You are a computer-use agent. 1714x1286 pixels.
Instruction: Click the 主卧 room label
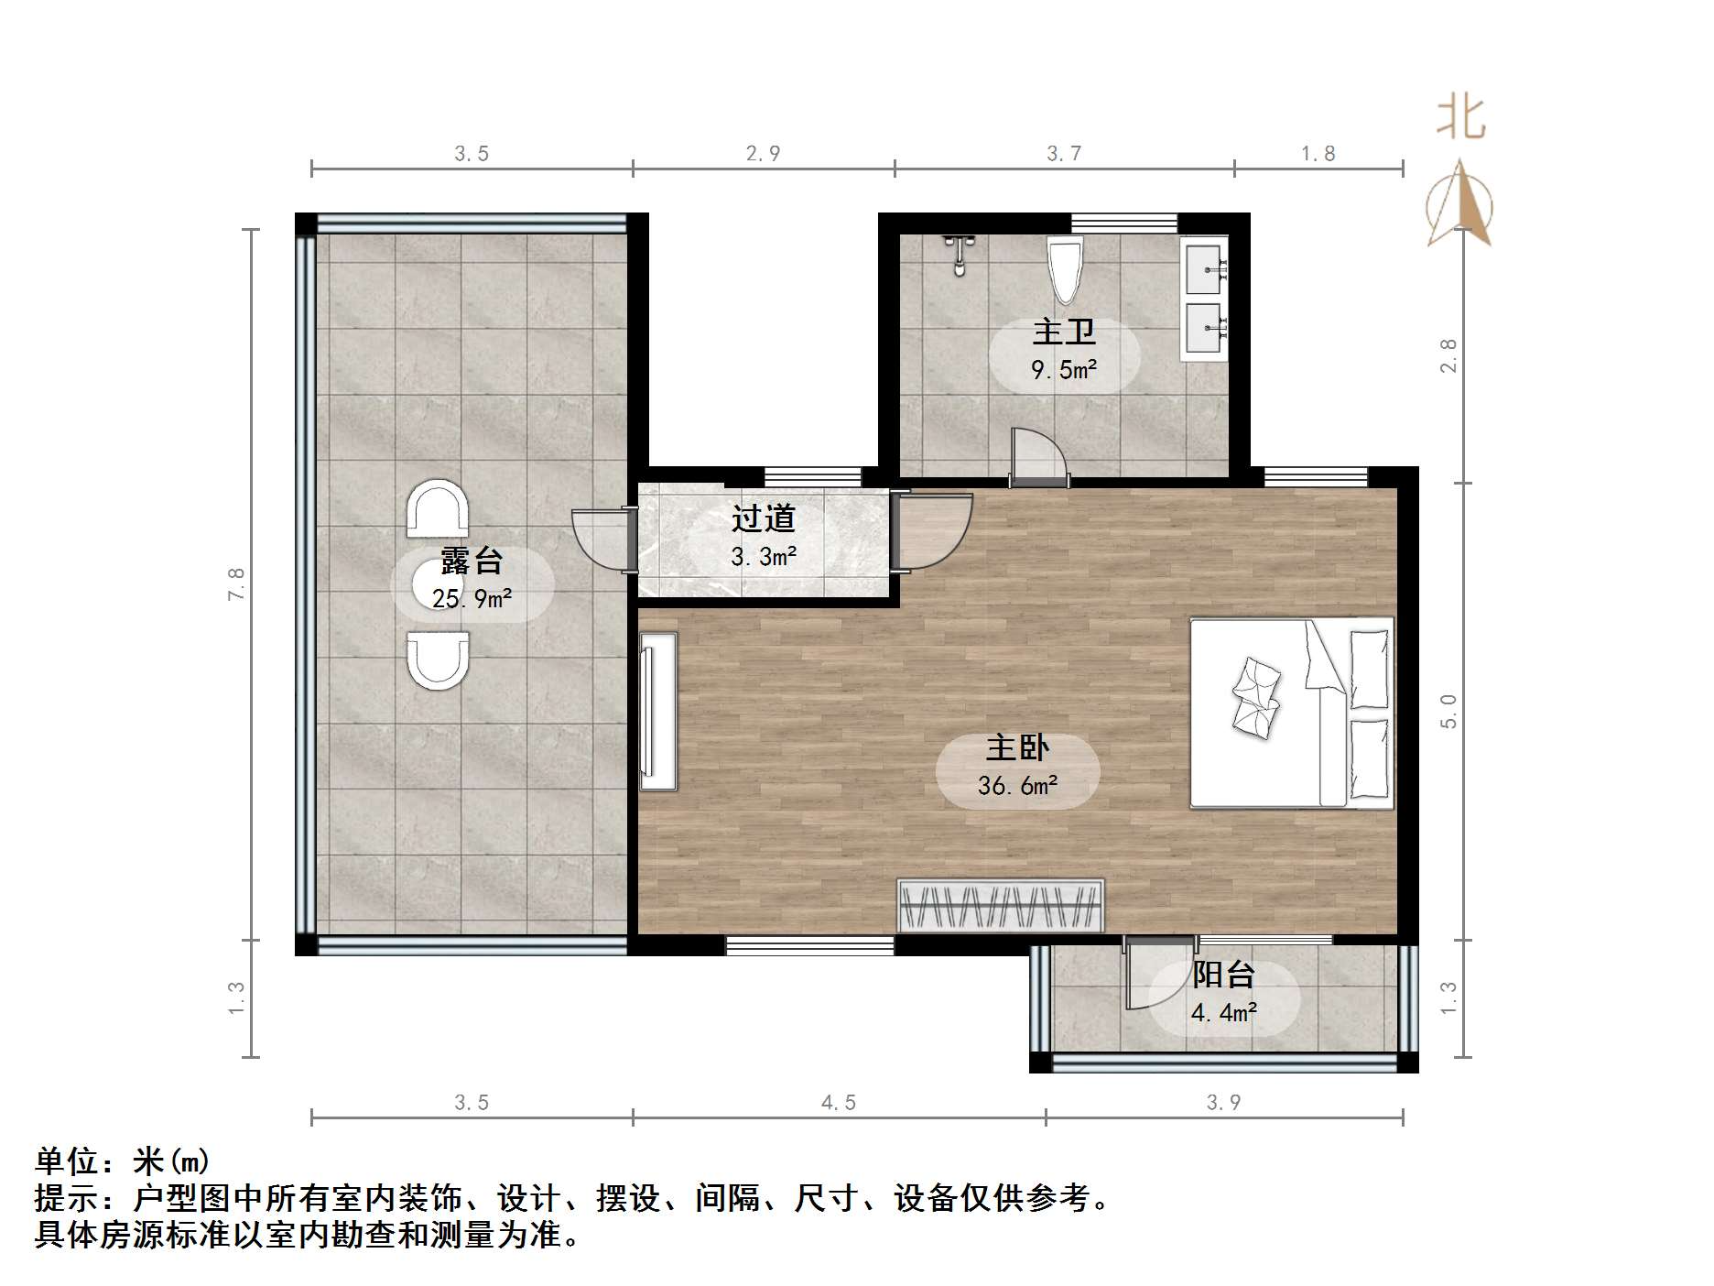coord(1017,748)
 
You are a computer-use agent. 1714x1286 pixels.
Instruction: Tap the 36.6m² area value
coord(1017,786)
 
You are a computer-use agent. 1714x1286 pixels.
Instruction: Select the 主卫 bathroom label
coord(1064,332)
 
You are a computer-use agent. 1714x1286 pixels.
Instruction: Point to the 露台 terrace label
coord(472,561)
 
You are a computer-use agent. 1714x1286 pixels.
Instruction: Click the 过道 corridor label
coord(763,518)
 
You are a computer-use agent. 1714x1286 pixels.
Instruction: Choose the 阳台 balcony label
coord(1223,975)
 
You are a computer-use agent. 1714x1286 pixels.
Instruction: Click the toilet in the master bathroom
coord(1065,268)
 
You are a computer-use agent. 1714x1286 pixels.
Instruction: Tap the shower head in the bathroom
coord(959,255)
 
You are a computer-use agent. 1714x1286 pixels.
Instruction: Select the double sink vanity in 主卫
coord(1204,299)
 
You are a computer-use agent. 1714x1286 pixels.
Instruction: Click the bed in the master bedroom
coord(1291,713)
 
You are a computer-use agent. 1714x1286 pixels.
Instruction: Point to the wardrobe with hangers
coord(1001,906)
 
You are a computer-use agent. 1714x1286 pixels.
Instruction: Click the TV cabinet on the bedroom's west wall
coord(658,711)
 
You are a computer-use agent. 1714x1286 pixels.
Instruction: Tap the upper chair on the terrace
coord(438,509)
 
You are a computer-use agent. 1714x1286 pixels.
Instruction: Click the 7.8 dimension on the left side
coord(237,583)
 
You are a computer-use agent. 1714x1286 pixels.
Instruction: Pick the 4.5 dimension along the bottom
coord(838,1103)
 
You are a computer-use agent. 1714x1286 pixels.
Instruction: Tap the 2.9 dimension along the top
coord(763,154)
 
